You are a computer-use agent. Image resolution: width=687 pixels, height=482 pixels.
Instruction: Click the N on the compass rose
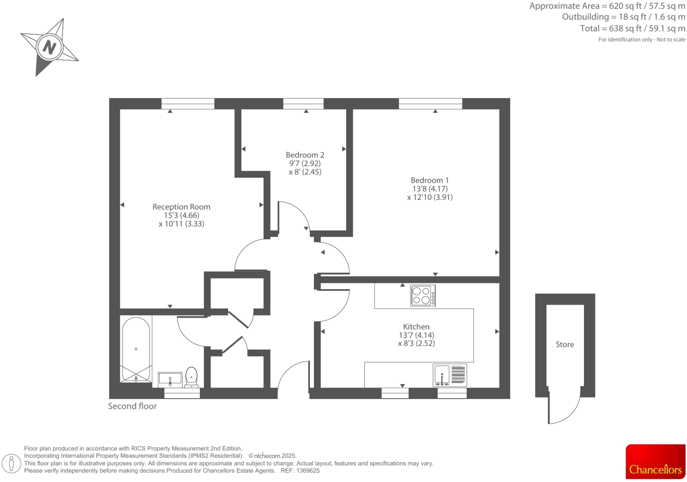(49, 47)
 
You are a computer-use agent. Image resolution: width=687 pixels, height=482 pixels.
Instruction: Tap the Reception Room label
(181, 207)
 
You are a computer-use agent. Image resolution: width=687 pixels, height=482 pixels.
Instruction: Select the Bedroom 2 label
(305, 155)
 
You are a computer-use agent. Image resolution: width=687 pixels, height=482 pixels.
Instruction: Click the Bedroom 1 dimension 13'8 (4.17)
(430, 188)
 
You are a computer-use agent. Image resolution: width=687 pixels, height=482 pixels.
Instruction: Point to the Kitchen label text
(416, 327)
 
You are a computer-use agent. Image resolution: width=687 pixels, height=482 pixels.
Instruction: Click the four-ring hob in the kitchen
(423, 296)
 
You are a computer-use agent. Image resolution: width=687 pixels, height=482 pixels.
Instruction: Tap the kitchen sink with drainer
(450, 375)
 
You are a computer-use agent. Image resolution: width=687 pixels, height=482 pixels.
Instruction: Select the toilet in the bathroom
(191, 377)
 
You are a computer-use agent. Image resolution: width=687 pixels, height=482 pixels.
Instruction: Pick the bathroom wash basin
(170, 379)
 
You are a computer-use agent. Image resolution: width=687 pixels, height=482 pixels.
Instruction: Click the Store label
(565, 344)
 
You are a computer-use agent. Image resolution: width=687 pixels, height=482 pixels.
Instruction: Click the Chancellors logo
(655, 462)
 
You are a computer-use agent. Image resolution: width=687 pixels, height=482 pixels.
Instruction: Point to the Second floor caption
(132, 406)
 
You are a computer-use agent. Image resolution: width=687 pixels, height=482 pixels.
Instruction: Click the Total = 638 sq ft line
(632, 28)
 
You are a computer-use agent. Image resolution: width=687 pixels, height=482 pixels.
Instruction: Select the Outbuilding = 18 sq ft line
(623, 17)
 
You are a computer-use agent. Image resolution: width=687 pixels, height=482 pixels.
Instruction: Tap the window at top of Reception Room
(188, 104)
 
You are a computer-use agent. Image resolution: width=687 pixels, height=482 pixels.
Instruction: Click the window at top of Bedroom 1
(430, 104)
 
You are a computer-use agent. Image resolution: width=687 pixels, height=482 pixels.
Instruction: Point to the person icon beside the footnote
(12, 463)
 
